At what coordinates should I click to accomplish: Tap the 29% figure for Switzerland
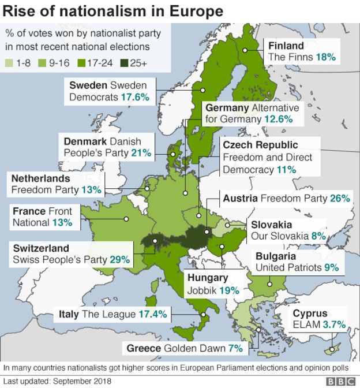pyautogui.click(x=119, y=260)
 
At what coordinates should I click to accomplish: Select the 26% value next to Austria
pyautogui.click(x=340, y=198)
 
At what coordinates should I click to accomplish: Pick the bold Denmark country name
pyautogui.click(x=84, y=141)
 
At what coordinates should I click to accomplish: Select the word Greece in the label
pyautogui.click(x=142, y=348)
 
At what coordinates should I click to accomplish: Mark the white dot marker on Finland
pyautogui.click(x=245, y=50)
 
